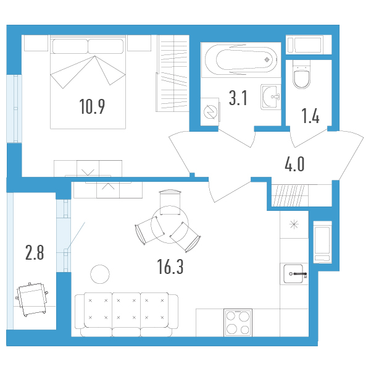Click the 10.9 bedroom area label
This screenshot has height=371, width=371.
pyautogui.click(x=92, y=106)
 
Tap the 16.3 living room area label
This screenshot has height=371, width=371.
pyautogui.click(x=170, y=267)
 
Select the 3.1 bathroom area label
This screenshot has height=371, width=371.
pyautogui.click(x=238, y=98)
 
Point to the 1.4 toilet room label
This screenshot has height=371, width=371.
pyautogui.click(x=310, y=116)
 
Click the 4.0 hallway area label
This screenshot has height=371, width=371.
pyautogui.click(x=294, y=164)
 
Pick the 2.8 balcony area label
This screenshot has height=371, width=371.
pyautogui.click(x=35, y=253)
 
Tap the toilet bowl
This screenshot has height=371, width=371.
pyautogui.click(x=301, y=74)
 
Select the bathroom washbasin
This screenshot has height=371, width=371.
pyautogui.click(x=271, y=96)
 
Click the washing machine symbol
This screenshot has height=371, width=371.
pyautogui.click(x=210, y=112)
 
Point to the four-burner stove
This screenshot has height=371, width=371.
pyautogui.click(x=238, y=323)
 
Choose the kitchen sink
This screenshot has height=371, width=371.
pyautogui.click(x=294, y=274)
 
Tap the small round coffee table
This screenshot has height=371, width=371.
pyautogui.click(x=100, y=275)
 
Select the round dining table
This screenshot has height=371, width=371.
pyautogui.click(x=170, y=224)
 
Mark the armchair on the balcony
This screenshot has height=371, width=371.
pyautogui.click(x=31, y=299)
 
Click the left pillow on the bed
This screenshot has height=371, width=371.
pyautogui.click(x=70, y=46)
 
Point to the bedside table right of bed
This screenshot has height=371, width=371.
pyautogui.click(x=139, y=43)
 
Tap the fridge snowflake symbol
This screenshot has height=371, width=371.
pyautogui.click(x=294, y=224)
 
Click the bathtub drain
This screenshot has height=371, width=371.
pyautogui.click(x=267, y=60)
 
